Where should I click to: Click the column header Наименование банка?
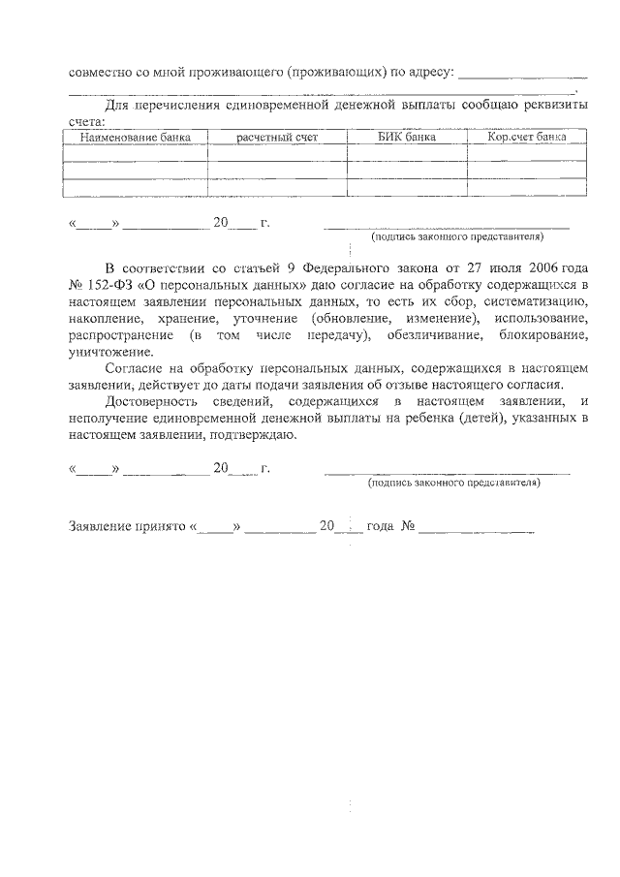[135, 138]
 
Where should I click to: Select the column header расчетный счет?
[277, 138]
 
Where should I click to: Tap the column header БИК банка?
[407, 138]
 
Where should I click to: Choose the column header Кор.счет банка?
[527, 138]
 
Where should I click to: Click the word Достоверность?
[152, 401]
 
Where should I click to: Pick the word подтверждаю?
[251, 435]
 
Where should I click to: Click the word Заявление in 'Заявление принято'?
[99, 526]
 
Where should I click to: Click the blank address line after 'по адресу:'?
[522, 74]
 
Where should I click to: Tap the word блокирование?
[542, 335]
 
